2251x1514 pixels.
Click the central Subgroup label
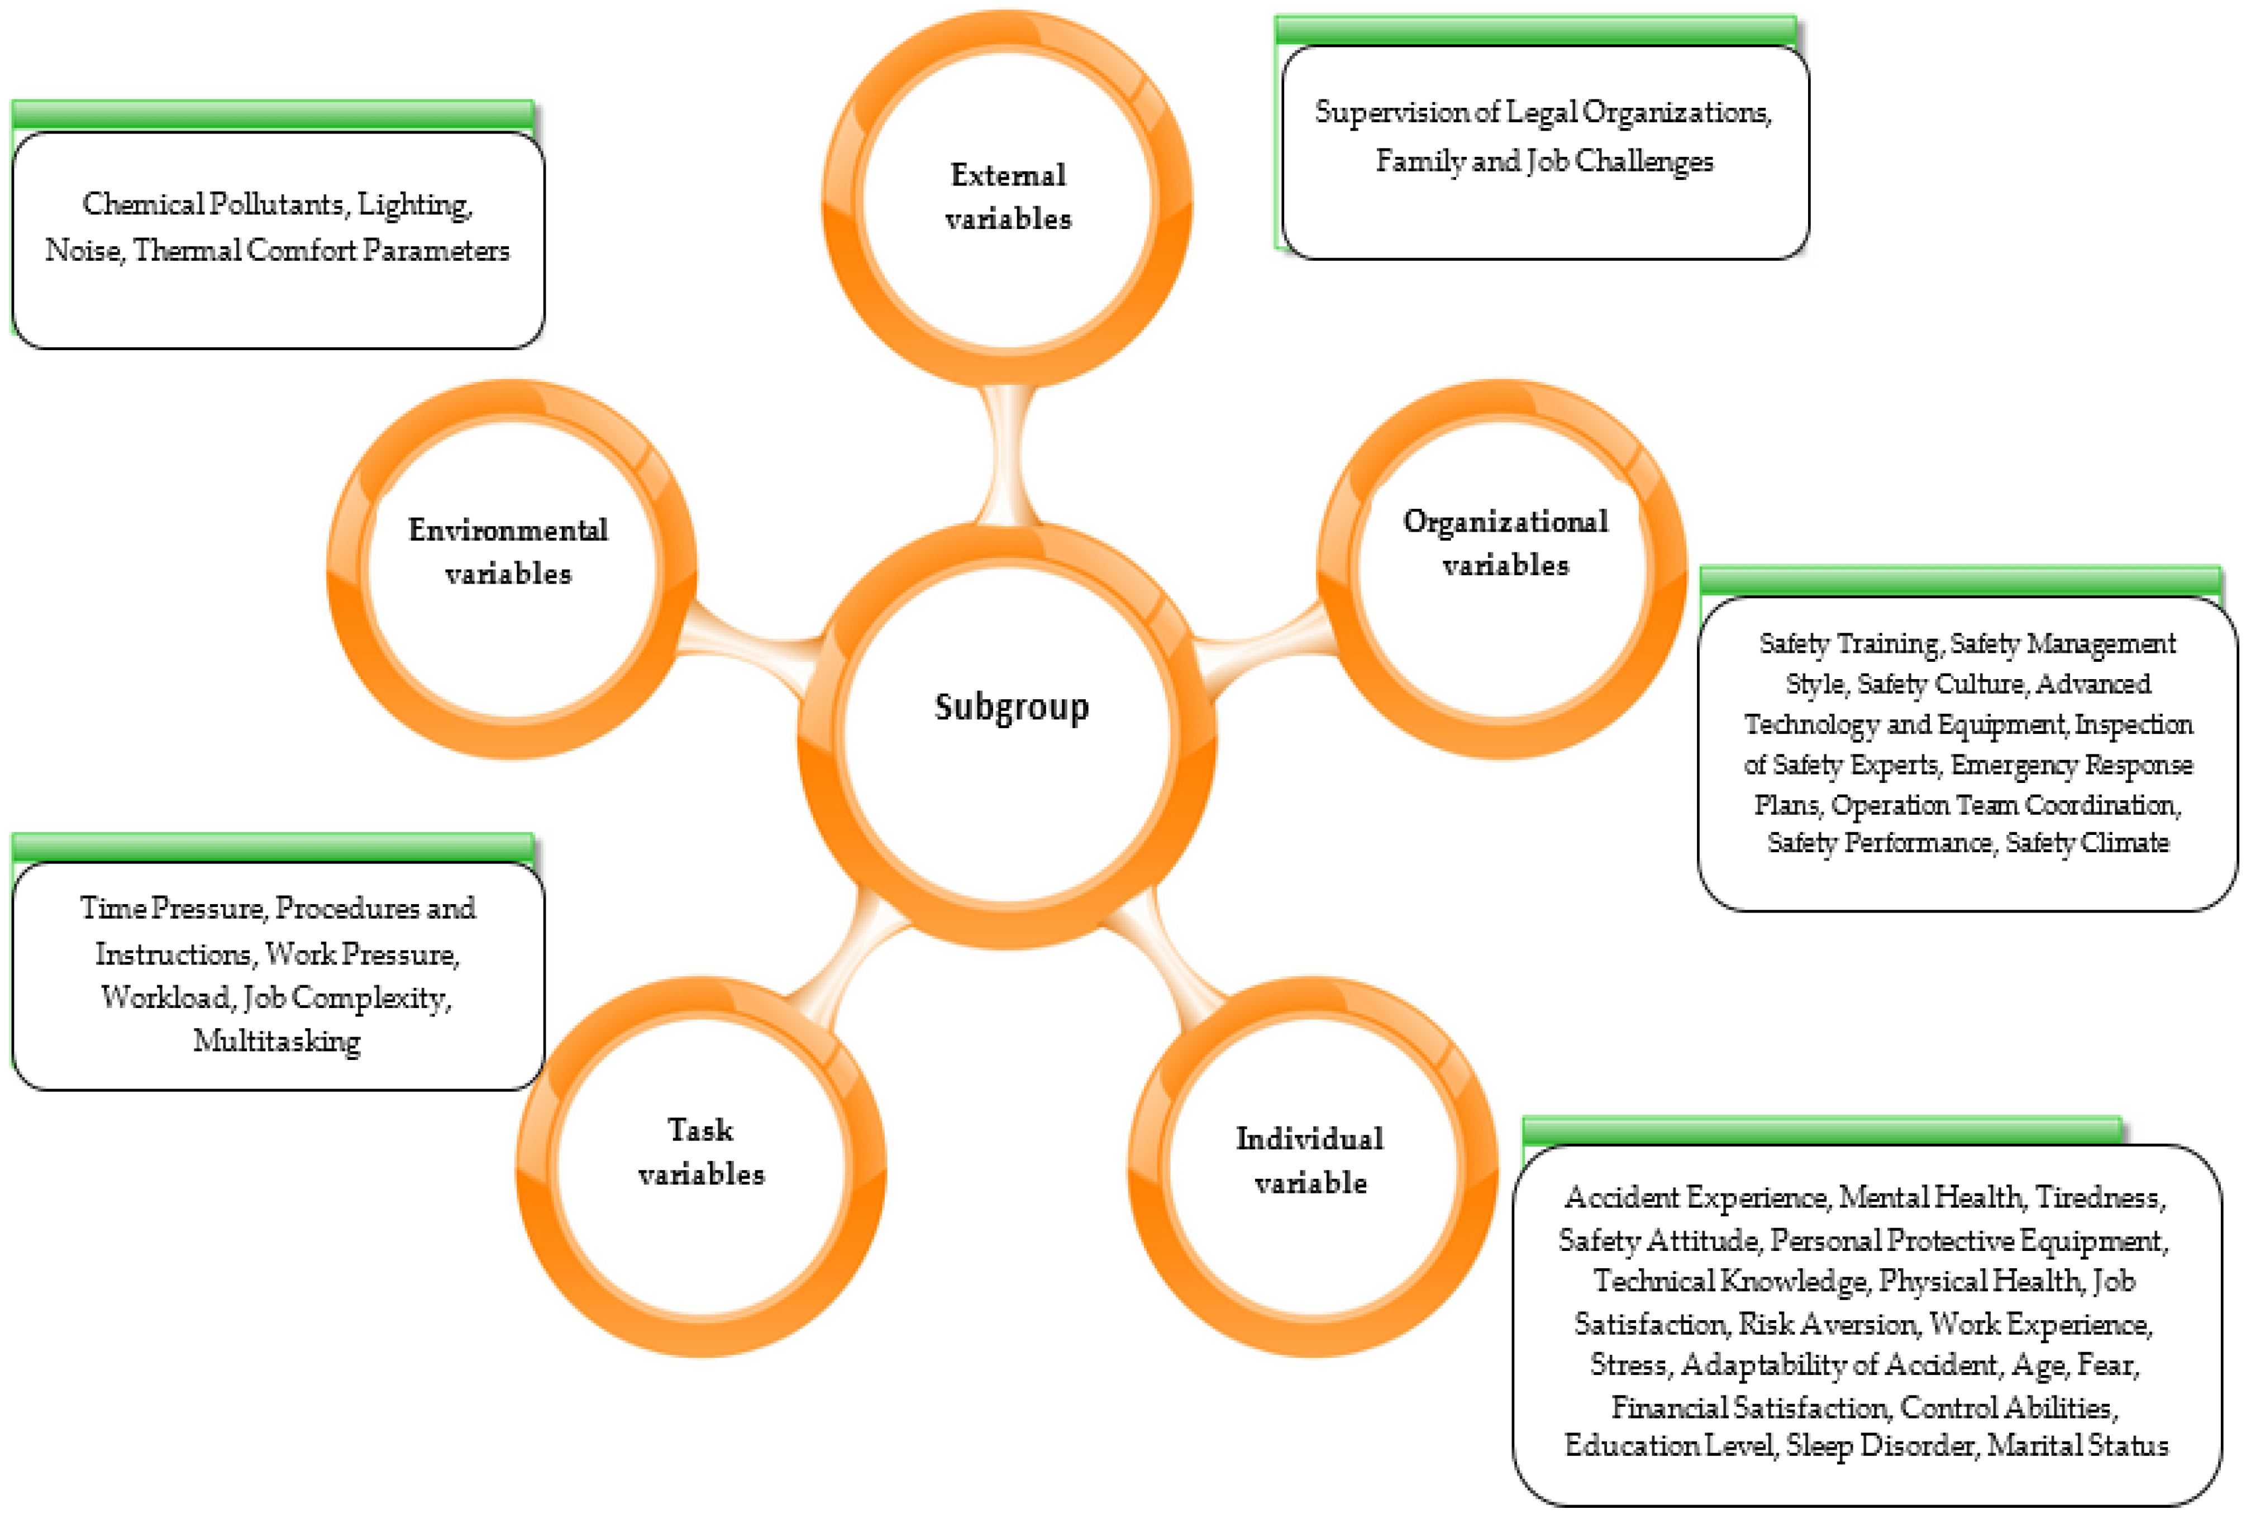pos(1011,707)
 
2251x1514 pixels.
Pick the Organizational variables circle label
pos(1505,543)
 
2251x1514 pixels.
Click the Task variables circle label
pos(701,1152)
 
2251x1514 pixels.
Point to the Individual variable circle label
pos(1310,1160)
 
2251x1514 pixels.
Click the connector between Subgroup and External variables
pos(1006,454)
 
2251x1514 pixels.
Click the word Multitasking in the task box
pos(277,1041)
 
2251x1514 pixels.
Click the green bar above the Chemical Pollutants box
pos(273,114)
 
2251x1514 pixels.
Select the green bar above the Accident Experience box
pos(1821,1130)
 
